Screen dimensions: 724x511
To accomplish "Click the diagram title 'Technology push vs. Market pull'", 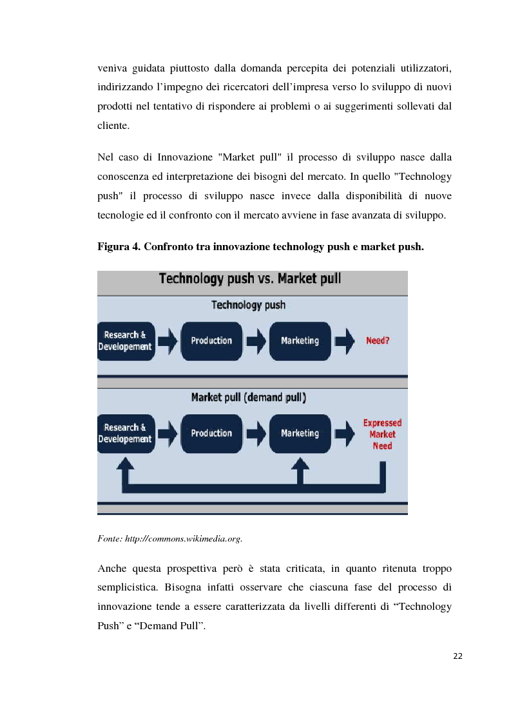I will coord(250,279).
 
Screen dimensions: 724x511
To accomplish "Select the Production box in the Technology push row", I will coord(211,340).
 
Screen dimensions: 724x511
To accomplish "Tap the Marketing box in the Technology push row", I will coord(300,340).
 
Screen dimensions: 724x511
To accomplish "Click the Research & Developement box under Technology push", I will coord(125,340).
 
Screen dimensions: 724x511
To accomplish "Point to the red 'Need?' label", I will coord(378,340).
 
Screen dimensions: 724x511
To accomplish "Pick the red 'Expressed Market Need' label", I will coord(382,434).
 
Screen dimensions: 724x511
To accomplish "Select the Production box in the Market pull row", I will coord(211,433).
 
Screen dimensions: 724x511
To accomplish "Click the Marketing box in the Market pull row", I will coord(300,433).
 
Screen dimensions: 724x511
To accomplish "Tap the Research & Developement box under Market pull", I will coord(125,433).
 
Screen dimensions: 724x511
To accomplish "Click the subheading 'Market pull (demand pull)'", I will coord(249,398).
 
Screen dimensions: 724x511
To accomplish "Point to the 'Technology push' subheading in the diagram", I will coord(249,305).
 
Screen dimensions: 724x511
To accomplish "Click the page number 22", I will coord(458,656).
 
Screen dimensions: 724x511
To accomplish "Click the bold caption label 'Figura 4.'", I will coord(120,246).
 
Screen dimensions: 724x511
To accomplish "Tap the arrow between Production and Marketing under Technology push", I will coord(256,341).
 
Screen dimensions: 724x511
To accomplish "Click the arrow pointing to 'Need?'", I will coord(345,341).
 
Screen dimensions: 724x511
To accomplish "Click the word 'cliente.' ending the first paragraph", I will coord(113,126).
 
